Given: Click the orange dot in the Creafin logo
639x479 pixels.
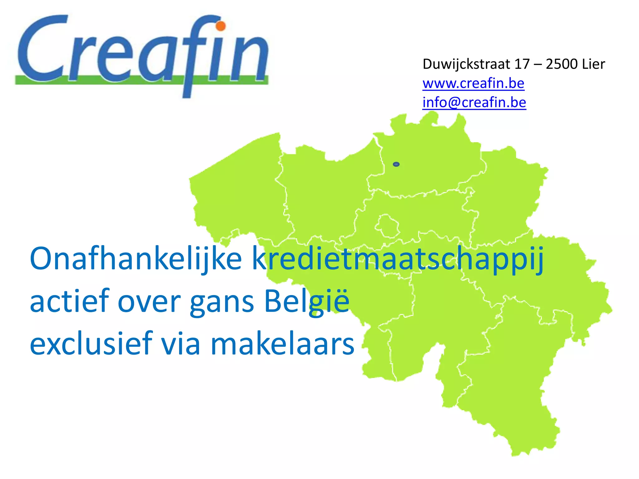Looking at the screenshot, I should click(221, 26).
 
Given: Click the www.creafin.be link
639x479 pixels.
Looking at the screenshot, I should click(473, 83).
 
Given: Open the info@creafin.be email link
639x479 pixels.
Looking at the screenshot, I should click(474, 102).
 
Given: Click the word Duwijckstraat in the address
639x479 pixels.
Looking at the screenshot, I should click(466, 64).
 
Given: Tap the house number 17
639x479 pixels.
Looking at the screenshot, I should click(522, 64).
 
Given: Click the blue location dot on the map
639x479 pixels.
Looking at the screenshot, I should click(396, 164).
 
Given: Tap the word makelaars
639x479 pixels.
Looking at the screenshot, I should click(282, 344).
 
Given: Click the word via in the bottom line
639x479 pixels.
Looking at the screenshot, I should click(180, 344).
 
